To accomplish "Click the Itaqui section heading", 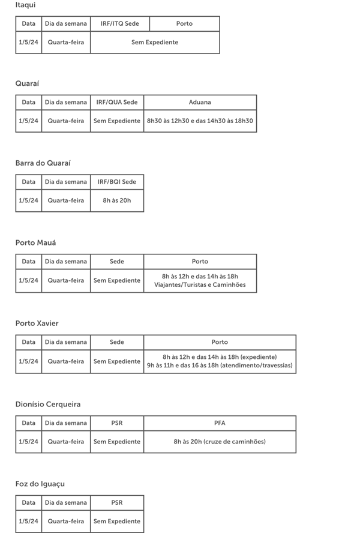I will tap(25, 5).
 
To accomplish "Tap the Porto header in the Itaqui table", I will tap(184, 24).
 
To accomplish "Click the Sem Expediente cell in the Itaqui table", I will tap(155, 43).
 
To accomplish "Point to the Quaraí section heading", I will tap(27, 83).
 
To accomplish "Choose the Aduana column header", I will tap(200, 102).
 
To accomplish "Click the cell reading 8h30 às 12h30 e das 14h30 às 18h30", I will tap(200, 121).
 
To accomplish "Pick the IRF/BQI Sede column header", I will tap(117, 182).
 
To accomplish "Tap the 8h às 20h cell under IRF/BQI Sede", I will tap(117, 200).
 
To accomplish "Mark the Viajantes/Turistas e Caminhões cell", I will tap(200, 280).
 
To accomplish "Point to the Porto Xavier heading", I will tap(37, 323).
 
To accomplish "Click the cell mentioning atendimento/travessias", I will tap(220, 361).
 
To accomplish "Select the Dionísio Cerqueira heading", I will tap(48, 404).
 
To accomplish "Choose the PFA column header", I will tap(220, 423).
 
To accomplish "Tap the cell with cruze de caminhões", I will tap(220, 442).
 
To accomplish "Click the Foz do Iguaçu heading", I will tap(40, 484).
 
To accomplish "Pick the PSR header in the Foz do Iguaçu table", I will tap(117, 502).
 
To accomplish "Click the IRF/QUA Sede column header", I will tap(117, 102).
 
